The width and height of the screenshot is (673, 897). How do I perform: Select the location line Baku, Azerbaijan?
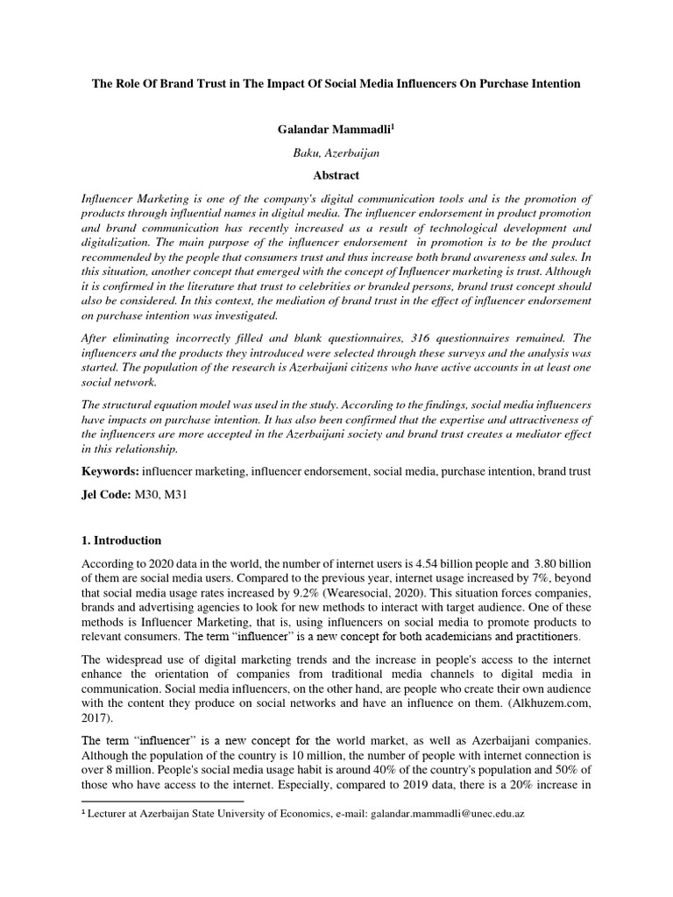(x=336, y=152)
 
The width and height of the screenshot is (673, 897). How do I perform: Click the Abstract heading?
(x=336, y=175)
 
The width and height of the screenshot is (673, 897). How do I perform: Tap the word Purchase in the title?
(x=499, y=83)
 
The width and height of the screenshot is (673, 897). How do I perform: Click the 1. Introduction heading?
(x=121, y=540)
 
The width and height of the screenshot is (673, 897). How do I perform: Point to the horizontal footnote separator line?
(x=162, y=801)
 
